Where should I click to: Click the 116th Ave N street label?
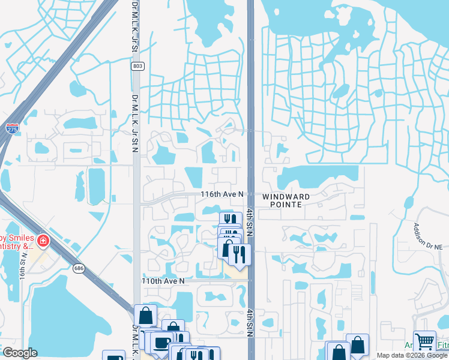coord(222,195)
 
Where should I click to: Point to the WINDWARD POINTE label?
coord(286,200)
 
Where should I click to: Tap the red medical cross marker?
coord(43,242)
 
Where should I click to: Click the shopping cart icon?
coord(424,342)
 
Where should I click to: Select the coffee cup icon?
coord(160,343)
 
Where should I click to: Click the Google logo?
coord(20,353)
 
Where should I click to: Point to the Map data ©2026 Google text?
coord(411,355)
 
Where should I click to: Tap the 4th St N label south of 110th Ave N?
coord(249,322)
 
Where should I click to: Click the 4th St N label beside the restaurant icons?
coord(248,225)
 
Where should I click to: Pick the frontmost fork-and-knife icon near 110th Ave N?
coord(240,254)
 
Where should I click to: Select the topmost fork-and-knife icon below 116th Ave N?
coord(230,220)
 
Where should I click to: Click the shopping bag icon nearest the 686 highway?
coord(145,315)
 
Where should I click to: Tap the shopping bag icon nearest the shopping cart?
coord(357,345)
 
